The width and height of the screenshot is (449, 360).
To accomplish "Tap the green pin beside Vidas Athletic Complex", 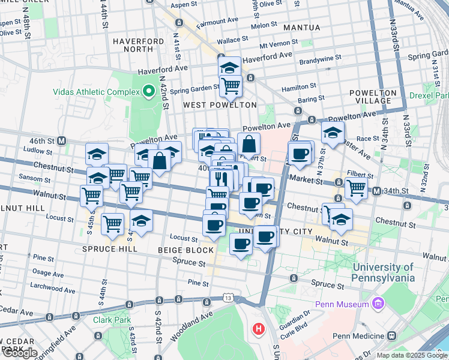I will [149, 92].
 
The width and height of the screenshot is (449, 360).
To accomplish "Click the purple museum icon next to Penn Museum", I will [378, 304].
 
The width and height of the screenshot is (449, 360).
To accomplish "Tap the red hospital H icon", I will [259, 329].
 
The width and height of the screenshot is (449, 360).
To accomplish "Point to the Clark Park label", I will [112, 320].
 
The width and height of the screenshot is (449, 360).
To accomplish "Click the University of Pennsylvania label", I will [384, 272].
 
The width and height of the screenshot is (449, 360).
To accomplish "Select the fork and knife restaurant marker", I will [221, 178].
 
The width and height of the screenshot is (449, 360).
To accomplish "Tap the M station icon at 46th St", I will [61, 140].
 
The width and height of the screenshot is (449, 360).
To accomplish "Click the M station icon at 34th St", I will [376, 191].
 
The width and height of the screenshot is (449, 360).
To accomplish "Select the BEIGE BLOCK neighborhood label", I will [185, 250].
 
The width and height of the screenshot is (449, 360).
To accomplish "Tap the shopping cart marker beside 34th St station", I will [356, 187].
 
